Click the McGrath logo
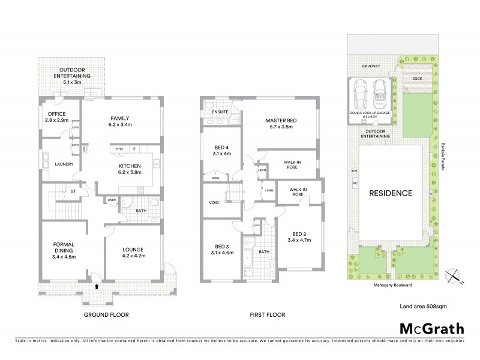pyautogui.click(x=431, y=328)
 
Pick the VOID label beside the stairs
pyautogui.click(x=214, y=203)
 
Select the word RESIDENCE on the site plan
pyautogui.click(x=390, y=193)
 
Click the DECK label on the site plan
pyautogui.click(x=417, y=78)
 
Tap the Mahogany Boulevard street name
pyautogui.click(x=389, y=287)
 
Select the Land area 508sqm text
pyautogui.click(x=423, y=307)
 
